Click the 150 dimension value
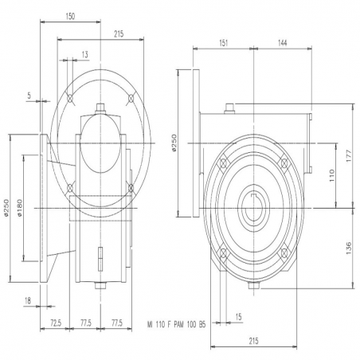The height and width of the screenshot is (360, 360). point(70,17)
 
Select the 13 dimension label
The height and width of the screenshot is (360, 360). point(84,55)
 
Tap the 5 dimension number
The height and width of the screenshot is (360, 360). point(29,96)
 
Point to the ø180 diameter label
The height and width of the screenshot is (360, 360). point(20,208)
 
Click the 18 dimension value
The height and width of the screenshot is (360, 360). point(28,301)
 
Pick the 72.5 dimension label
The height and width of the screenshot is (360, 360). point(56,323)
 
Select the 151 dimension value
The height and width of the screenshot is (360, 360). point(224,43)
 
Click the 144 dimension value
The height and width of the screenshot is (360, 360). point(282,43)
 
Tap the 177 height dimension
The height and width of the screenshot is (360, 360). point(349,156)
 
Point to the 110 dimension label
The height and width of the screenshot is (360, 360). point(332,175)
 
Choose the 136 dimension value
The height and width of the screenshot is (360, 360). point(349,248)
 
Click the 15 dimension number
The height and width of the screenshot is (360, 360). point(238,317)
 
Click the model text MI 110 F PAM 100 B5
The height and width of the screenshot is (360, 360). point(176,324)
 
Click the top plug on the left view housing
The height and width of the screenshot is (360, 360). point(100,108)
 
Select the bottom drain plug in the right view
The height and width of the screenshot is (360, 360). point(254,285)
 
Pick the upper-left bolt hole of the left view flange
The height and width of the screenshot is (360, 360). point(70,99)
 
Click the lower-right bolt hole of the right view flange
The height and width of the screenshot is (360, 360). point(284,252)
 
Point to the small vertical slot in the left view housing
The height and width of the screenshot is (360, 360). point(100,259)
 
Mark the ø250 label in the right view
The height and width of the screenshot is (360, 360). point(174,143)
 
